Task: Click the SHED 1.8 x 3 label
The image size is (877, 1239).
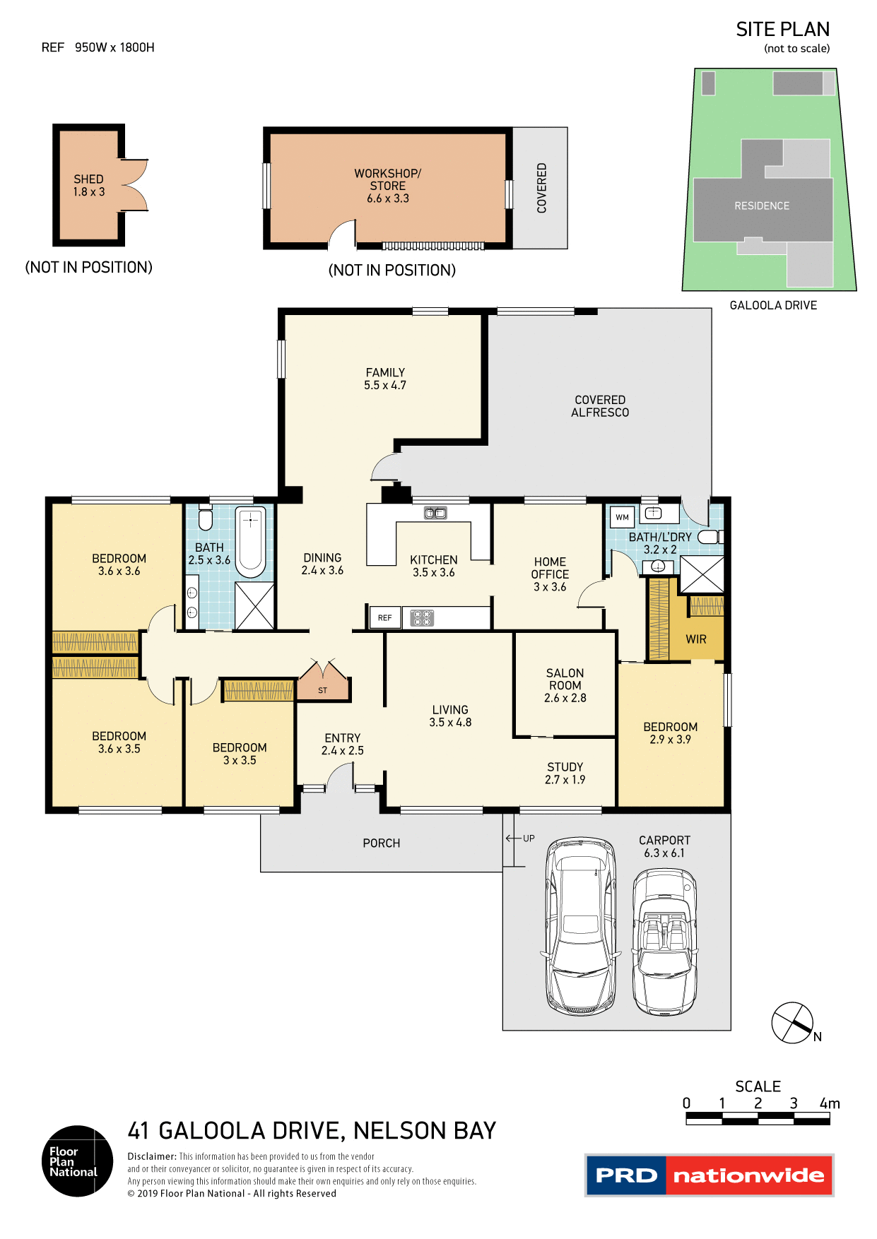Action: point(89,185)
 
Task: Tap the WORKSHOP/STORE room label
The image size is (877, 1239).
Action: point(387,185)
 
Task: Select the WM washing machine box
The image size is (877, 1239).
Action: point(622,517)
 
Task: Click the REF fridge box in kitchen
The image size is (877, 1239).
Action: point(384,617)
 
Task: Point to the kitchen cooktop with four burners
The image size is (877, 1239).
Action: point(422,618)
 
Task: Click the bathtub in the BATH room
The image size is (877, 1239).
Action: point(250,541)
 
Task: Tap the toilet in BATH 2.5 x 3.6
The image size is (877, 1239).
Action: point(206,519)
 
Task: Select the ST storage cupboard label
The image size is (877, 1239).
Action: point(323,690)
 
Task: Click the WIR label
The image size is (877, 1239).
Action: point(696,639)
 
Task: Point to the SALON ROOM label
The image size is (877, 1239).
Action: point(565,685)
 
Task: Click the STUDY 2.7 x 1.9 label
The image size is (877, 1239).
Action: point(565,773)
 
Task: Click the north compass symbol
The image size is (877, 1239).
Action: point(793,1022)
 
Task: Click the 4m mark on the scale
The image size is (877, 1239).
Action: point(830,1103)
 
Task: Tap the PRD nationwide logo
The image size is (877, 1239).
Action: point(710,1175)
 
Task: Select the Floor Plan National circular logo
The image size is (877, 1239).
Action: point(77,1161)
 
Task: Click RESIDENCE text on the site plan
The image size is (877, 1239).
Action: point(762,206)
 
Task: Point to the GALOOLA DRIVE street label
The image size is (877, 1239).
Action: point(773,305)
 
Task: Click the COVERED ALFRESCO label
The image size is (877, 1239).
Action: point(600,406)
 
